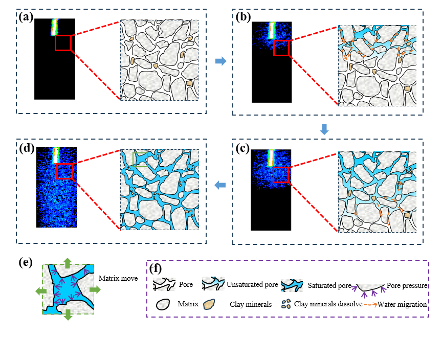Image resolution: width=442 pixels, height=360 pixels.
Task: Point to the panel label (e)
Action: tap(25, 263)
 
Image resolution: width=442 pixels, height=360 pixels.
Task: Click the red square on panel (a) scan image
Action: tap(63, 42)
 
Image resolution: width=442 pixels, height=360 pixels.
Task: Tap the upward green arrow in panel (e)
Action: tap(67, 262)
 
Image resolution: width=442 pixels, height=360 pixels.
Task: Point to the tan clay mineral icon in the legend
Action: tap(209, 304)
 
